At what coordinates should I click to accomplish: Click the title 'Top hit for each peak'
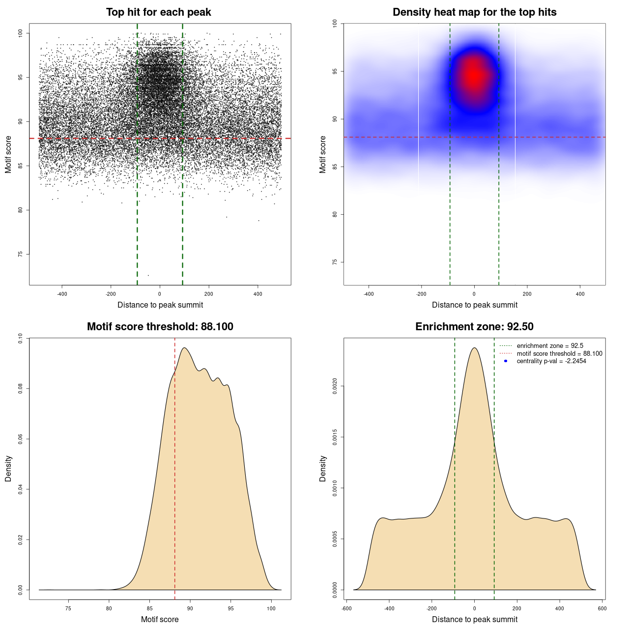point(158,12)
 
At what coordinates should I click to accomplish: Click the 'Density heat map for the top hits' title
point(474,12)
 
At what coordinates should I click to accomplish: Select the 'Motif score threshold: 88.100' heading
point(160,327)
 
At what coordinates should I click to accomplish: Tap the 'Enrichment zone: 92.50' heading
point(474,327)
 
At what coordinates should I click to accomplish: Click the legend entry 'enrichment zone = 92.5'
point(550,346)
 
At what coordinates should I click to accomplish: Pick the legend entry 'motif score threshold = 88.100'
point(559,354)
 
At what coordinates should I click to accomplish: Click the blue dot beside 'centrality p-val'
point(506,361)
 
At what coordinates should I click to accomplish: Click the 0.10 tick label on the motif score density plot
point(20,338)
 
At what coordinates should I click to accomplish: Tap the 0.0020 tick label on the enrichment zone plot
point(335,386)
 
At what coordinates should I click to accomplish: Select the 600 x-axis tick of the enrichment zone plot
point(602,608)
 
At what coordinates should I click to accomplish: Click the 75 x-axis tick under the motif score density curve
point(68,608)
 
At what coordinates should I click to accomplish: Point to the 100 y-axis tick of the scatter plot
point(20,33)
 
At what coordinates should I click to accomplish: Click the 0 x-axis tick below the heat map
point(474,294)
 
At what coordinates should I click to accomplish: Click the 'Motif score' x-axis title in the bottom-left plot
point(160,619)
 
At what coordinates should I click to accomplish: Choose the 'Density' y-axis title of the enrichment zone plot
point(323,468)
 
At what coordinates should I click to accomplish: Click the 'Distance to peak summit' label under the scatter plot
point(160,305)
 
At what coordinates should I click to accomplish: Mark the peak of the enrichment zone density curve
point(474,348)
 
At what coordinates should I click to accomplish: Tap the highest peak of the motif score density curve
point(184,348)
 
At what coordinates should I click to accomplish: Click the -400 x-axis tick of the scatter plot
point(62,294)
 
